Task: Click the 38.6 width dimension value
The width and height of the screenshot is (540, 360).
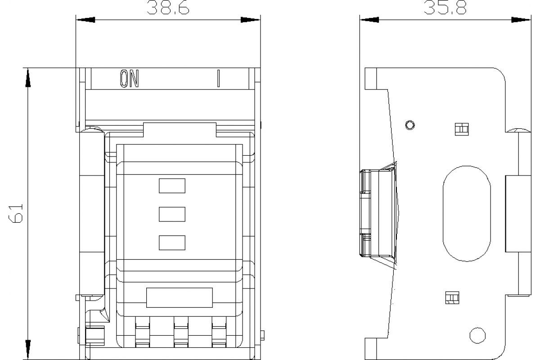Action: pyautogui.click(x=168, y=7)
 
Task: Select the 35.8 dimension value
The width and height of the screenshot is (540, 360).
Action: pyautogui.click(x=444, y=7)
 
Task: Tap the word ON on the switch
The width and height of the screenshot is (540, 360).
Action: pyautogui.click(x=129, y=79)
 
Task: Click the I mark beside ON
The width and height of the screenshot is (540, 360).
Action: pyautogui.click(x=218, y=79)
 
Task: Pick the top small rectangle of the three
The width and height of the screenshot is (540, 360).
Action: pyautogui.click(x=172, y=185)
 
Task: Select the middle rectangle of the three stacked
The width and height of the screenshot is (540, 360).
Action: pyautogui.click(x=172, y=214)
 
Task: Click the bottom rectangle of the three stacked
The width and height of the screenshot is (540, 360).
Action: pyautogui.click(x=172, y=243)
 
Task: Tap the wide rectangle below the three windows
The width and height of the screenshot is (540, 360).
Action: pyautogui.click(x=179, y=297)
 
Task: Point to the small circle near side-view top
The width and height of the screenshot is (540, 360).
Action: pyautogui.click(x=409, y=125)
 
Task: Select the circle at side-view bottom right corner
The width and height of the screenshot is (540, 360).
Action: pyautogui.click(x=477, y=335)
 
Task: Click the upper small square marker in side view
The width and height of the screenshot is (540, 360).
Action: pyautogui.click(x=461, y=129)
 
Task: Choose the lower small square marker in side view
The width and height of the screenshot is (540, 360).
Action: pyautogui.click(x=451, y=297)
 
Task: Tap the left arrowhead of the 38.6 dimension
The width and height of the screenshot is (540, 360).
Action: pyautogui.click(x=85, y=20)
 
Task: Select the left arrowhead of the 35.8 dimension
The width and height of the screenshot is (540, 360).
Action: pyautogui.click(x=369, y=20)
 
